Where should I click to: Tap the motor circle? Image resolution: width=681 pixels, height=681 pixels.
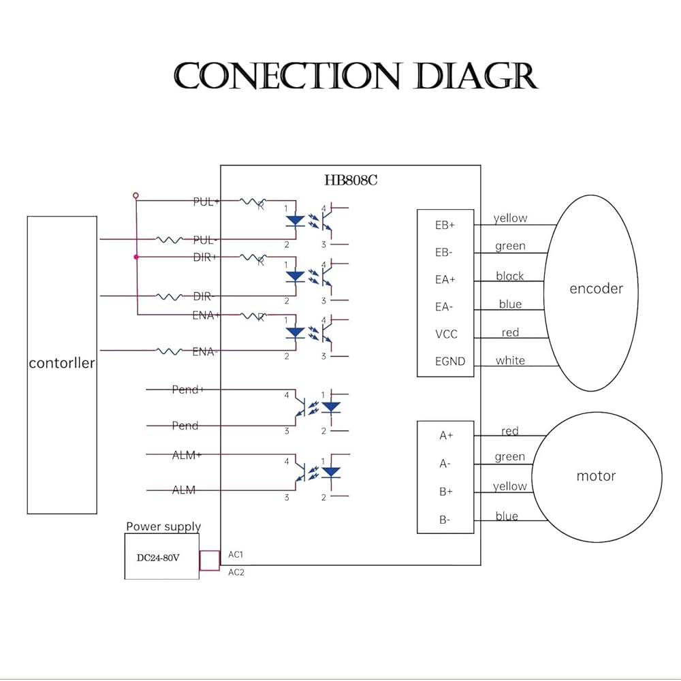click(596, 476)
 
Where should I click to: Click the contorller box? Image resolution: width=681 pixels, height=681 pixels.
click(62, 364)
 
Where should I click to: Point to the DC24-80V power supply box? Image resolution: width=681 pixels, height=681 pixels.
click(161, 557)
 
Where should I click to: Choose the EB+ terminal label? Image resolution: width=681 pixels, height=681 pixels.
click(445, 225)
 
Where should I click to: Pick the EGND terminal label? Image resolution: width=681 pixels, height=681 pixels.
click(450, 362)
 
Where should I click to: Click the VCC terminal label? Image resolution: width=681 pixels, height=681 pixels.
click(446, 334)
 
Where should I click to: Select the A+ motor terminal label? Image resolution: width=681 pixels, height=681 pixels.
click(446, 436)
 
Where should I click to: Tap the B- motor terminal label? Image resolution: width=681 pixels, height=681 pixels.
click(445, 520)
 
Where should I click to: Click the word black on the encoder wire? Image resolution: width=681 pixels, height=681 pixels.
click(510, 276)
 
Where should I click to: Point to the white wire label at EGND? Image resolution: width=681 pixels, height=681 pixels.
click(510, 360)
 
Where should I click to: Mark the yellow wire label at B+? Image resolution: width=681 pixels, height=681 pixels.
click(510, 486)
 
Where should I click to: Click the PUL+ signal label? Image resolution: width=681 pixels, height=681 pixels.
click(206, 202)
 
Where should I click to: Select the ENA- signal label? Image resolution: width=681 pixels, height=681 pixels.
click(205, 352)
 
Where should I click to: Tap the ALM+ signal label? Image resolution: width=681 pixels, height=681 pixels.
click(186, 456)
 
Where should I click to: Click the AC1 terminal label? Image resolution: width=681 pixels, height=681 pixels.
click(236, 555)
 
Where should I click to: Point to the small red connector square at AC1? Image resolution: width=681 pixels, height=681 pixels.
click(209, 560)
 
